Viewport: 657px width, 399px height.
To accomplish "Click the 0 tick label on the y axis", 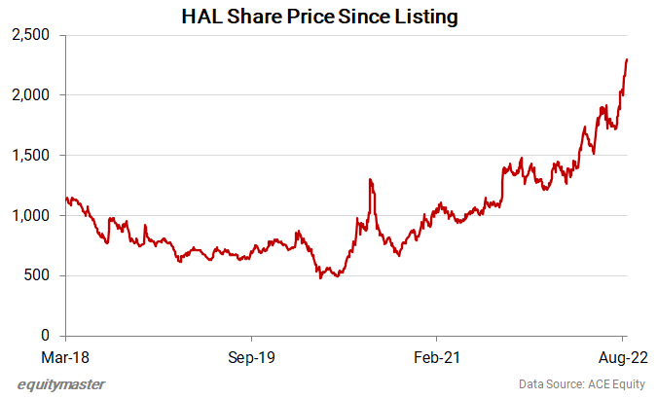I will (x=45, y=336).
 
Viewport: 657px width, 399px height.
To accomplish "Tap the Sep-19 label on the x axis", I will (x=251, y=358).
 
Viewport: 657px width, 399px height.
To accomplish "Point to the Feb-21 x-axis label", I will (x=437, y=358).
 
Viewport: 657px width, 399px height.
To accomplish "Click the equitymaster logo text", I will (x=61, y=384).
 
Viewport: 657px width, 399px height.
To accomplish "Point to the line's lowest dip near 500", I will (x=320, y=277).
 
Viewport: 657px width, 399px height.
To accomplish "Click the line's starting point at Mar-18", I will (x=64, y=199).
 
